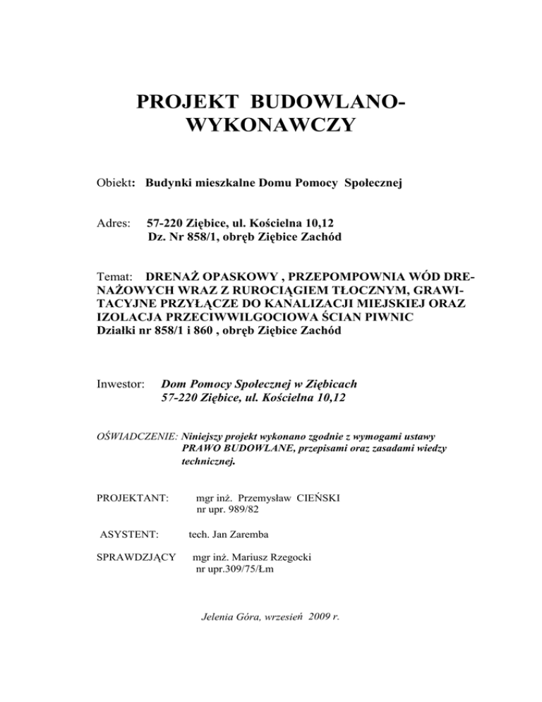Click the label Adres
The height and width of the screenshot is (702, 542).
pos(112,223)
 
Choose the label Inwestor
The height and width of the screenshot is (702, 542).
pos(121,384)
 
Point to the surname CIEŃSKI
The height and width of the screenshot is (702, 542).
pos(315,497)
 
